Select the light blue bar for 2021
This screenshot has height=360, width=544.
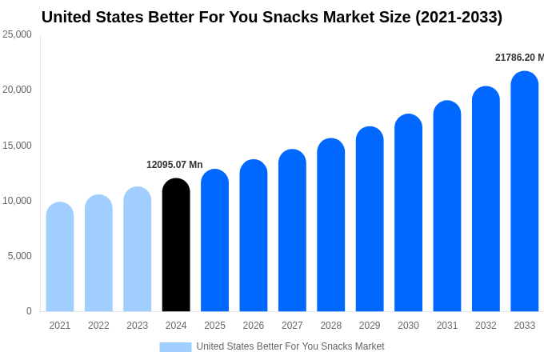60,257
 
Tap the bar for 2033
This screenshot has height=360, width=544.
524,191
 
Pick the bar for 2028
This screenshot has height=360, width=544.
331,225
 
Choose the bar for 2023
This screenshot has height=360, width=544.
138,249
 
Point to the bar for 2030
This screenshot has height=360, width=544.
408,213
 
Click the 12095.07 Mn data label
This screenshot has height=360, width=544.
174,165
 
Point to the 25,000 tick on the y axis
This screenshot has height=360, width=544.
17,34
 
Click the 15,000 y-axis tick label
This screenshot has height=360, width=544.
17,145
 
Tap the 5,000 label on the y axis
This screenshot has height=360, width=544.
19,256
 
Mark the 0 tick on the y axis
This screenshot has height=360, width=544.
29,311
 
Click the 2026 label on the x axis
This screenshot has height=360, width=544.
254,326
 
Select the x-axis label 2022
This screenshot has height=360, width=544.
98,326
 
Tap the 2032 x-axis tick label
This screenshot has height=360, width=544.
486,326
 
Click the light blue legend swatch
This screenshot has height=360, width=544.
175,347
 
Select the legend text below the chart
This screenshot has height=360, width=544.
290,346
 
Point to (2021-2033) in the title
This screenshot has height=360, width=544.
458,17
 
